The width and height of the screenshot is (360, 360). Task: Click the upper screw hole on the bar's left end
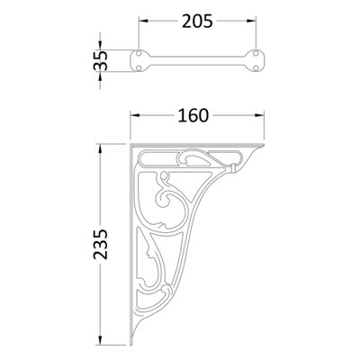tap(139, 56)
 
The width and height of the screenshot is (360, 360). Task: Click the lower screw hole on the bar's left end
tap(139, 67)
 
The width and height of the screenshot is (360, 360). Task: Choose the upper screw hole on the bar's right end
tap(259, 56)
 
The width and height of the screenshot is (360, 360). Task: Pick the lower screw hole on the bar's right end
tap(259, 67)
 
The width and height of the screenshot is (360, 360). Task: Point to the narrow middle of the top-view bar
tap(199, 62)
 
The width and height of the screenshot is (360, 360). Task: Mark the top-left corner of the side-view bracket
tap(131, 141)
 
